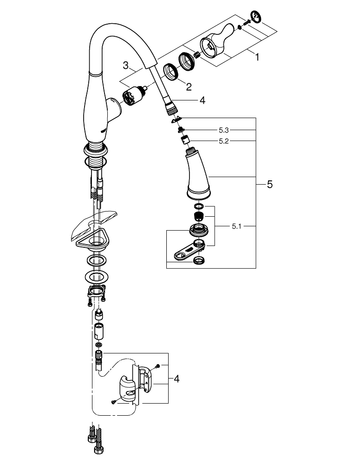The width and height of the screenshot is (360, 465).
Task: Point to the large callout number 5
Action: pyautogui.click(x=269, y=185)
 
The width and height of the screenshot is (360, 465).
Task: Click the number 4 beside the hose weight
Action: pyautogui.click(x=176, y=379)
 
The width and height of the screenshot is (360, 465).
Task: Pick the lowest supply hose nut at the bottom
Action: pyautogui.click(x=98, y=450)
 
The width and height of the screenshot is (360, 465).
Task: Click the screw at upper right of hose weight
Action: pyautogui.click(x=158, y=366)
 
